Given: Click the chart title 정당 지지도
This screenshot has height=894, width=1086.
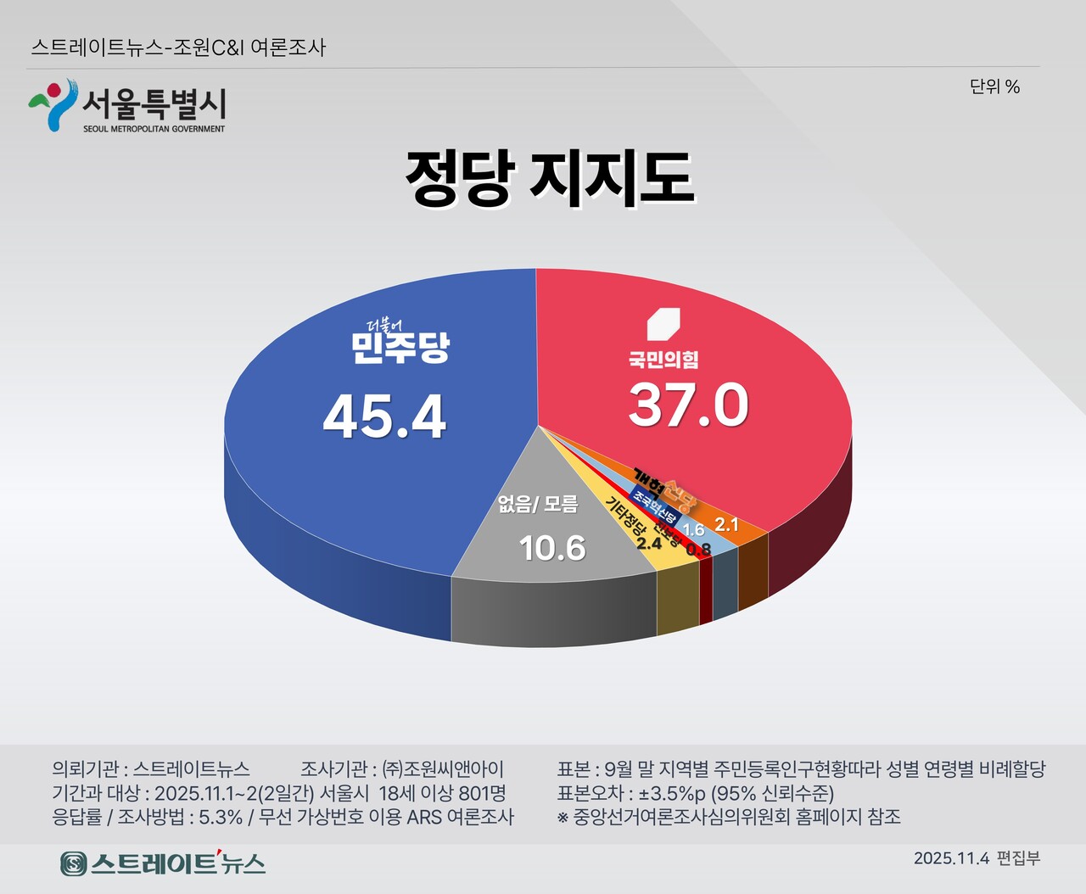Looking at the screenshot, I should click(x=549, y=178).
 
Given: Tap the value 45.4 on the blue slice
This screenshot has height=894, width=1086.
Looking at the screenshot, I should click(x=384, y=417).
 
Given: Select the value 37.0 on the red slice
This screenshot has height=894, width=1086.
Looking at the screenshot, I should click(x=688, y=405).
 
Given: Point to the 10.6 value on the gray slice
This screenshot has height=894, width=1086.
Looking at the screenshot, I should click(x=552, y=548).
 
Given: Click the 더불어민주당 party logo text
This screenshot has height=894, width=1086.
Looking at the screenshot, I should click(x=400, y=343).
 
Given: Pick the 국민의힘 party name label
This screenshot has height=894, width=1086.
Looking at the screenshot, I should click(x=663, y=360).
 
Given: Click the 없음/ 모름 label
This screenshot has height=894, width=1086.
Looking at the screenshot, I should click(x=538, y=505).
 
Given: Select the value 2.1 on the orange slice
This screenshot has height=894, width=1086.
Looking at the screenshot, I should click(x=726, y=524).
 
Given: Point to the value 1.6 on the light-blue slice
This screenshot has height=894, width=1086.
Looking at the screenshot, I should click(x=693, y=529).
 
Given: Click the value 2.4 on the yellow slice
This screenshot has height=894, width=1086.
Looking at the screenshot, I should click(x=649, y=543).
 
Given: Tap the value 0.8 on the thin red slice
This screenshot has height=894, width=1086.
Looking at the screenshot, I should click(x=698, y=550).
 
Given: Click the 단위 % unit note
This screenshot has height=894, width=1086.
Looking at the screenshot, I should click(x=994, y=87).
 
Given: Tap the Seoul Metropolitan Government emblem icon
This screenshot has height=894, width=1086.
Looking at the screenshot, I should click(x=53, y=104).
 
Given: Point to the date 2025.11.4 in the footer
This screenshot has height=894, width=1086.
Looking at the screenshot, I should click(x=951, y=858).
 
